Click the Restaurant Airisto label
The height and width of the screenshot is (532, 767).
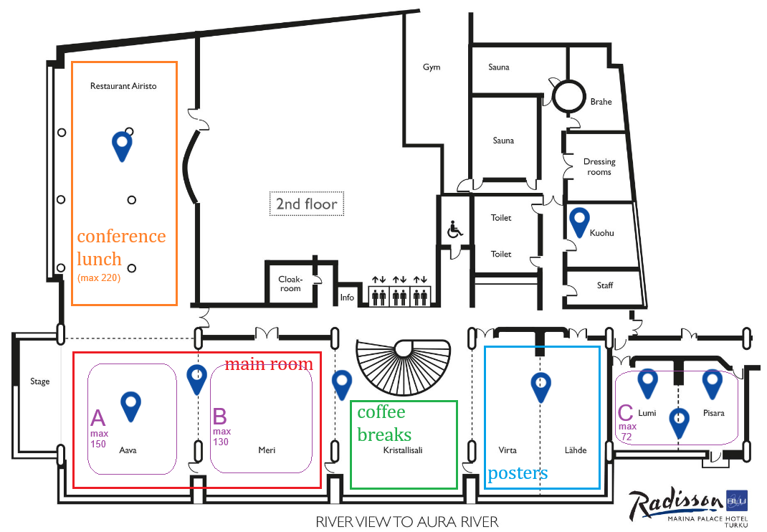click(123, 86)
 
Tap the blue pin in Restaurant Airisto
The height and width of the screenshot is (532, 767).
click(123, 145)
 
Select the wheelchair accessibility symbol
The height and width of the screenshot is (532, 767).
click(454, 230)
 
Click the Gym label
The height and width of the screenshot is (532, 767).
click(432, 67)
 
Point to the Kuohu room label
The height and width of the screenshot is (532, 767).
click(601, 233)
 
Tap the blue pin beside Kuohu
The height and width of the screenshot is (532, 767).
click(578, 221)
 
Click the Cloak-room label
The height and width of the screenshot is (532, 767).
click(290, 284)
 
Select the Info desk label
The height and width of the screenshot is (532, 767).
click(347, 298)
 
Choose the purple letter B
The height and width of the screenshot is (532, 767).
click(220, 417)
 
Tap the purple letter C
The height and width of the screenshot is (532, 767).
click(625, 413)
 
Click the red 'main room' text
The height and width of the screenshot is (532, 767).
click(269, 364)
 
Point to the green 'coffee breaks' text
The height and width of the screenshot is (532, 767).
click(383, 423)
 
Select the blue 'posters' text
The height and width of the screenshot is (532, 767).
click(518, 473)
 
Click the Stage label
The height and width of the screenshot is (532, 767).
click(40, 381)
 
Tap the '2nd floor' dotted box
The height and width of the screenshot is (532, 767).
click(307, 204)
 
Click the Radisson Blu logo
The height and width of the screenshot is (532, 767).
click(688, 507)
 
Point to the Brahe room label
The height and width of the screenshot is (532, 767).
click(601, 102)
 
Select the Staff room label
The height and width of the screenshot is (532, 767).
click(605, 285)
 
